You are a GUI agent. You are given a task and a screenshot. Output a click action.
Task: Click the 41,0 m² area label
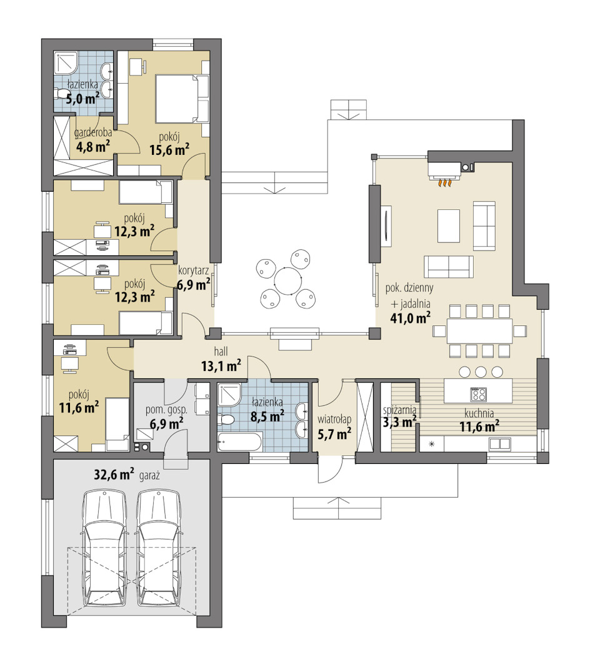point(410,317)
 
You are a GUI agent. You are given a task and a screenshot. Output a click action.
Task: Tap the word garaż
point(149,476)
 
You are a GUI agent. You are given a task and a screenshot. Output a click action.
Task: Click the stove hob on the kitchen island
point(478,394)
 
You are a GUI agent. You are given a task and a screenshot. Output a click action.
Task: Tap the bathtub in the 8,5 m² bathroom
point(239,442)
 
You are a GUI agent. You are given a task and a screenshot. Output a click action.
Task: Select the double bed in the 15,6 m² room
point(182,99)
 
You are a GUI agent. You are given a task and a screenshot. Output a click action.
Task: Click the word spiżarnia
point(399,410)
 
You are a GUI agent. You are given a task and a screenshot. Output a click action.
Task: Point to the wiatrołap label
point(334,420)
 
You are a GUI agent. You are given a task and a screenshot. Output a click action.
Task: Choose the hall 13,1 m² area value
point(221,366)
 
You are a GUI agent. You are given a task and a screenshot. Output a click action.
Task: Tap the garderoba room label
point(93,133)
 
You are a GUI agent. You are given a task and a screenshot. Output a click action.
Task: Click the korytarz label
point(193,270)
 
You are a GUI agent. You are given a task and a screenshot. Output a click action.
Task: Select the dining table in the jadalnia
point(479,331)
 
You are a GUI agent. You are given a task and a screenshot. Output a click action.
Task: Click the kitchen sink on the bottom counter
point(499,444)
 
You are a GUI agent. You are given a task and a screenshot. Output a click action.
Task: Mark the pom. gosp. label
point(166,410)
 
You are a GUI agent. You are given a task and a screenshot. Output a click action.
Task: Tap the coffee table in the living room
point(448,225)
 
